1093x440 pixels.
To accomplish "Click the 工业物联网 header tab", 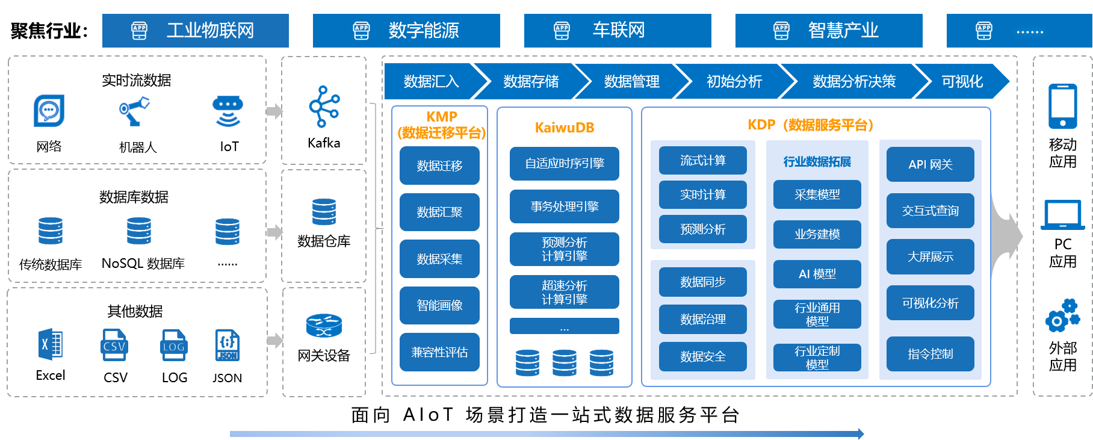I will (x=195, y=31).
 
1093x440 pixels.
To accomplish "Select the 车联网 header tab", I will (x=617, y=31).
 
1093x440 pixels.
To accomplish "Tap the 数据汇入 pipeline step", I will (x=431, y=81).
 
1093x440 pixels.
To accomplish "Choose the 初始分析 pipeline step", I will (x=734, y=81).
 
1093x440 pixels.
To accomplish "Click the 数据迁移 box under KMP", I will (x=439, y=166).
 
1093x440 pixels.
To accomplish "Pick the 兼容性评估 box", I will (x=439, y=352).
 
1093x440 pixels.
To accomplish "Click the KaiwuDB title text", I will (x=565, y=128).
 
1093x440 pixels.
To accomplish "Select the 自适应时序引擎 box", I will (x=565, y=164).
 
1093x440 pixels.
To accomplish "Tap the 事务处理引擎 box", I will (x=565, y=206).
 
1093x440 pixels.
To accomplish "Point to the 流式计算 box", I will (x=702, y=161).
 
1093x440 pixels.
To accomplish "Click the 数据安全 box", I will (x=702, y=356).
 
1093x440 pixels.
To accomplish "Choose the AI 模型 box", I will (x=817, y=274).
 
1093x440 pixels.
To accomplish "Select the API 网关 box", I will (x=930, y=164).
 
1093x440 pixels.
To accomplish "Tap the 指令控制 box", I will (x=930, y=354).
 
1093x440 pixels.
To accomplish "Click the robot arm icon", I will (x=134, y=111).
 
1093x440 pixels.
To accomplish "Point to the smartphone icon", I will (x=1062, y=106).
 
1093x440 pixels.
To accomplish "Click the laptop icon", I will (x=1062, y=215).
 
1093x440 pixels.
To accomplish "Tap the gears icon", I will (x=1062, y=315).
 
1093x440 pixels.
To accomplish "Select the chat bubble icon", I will (x=49, y=111).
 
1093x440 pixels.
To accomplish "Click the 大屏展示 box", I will (x=930, y=256).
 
